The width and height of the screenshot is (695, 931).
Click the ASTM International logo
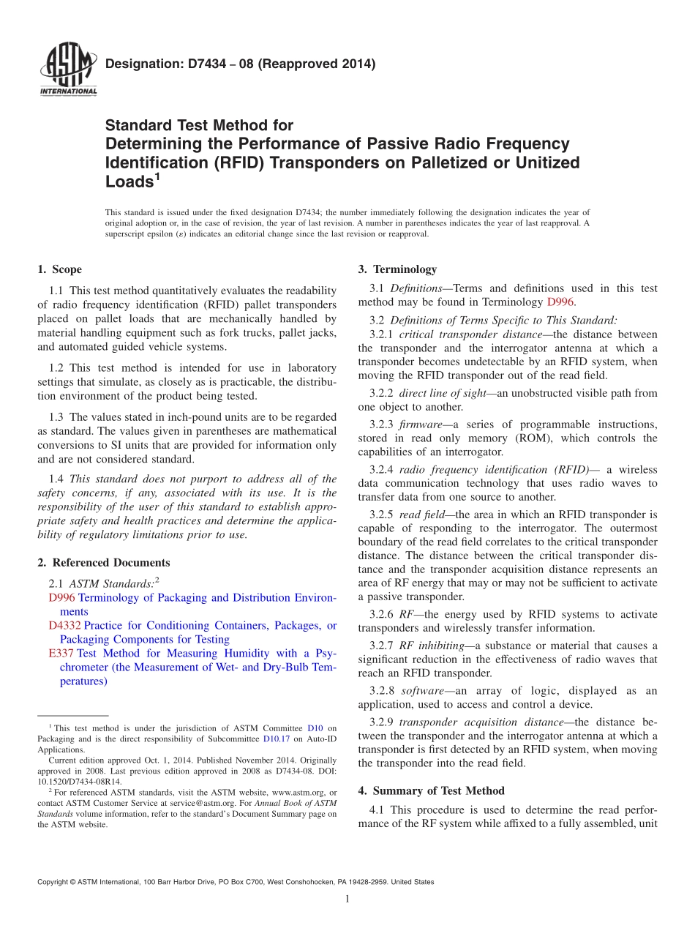point(67,70)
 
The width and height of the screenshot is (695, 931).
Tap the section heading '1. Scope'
point(59,269)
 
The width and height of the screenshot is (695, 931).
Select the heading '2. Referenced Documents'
point(104,563)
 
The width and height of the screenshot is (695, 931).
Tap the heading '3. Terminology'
point(397,269)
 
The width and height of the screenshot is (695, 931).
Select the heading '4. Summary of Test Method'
point(431,791)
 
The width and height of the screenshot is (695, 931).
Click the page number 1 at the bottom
point(347,900)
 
